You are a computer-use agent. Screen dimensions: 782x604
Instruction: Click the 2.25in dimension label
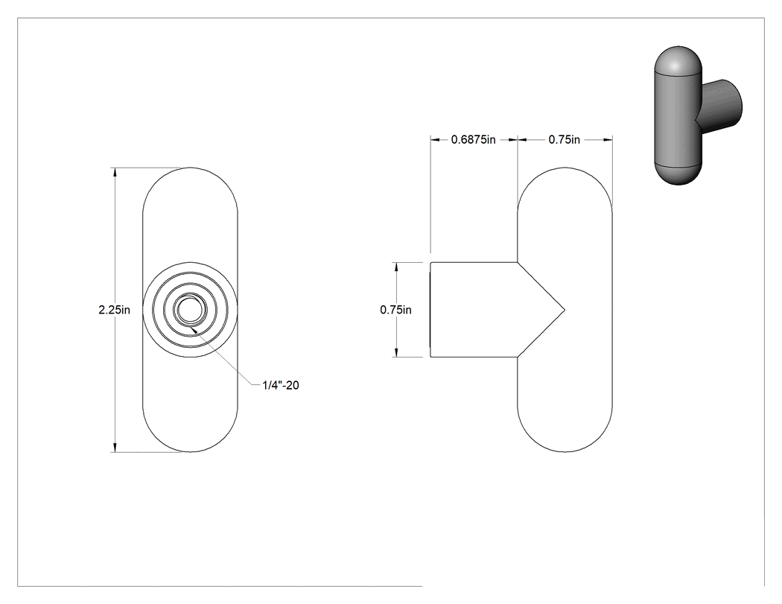(x=114, y=310)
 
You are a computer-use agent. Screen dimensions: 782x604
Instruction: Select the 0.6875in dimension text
(x=473, y=140)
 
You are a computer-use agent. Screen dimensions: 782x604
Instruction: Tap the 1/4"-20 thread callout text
(x=281, y=385)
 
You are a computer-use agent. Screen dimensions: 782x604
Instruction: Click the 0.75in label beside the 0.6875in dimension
(x=565, y=140)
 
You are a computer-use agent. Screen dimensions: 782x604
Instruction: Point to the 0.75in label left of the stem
(x=396, y=310)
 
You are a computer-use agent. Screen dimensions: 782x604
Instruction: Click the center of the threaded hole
(x=190, y=310)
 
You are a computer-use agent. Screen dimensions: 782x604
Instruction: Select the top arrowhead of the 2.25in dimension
(x=115, y=172)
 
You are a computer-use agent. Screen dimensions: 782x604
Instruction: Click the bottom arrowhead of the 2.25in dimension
(x=115, y=448)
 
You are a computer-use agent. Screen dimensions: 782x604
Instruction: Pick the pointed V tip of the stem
(x=565, y=310)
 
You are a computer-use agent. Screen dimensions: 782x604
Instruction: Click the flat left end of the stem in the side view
(x=431, y=310)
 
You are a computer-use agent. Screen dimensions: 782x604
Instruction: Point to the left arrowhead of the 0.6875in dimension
(x=436, y=140)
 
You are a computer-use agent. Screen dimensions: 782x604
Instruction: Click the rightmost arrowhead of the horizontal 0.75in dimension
(x=608, y=140)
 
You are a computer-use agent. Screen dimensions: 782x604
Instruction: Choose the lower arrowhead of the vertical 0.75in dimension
(x=396, y=352)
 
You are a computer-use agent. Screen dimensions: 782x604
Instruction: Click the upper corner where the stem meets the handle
(x=518, y=262)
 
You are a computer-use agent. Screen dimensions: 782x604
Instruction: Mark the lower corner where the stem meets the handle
(x=518, y=357)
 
